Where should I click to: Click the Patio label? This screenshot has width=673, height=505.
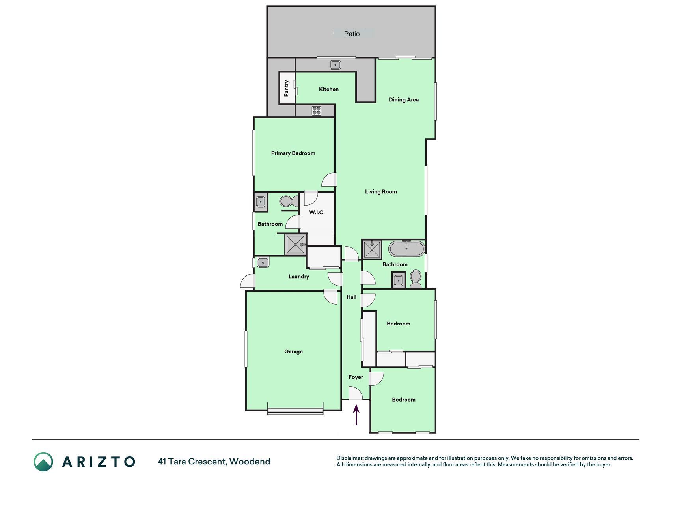352,34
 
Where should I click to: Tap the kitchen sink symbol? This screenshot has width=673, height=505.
336,65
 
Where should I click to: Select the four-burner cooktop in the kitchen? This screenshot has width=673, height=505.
316,111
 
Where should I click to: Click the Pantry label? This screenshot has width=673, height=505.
287,88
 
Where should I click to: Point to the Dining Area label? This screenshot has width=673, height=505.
404,100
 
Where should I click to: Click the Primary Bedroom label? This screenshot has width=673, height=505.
293,153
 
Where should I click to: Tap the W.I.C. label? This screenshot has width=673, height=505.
317,213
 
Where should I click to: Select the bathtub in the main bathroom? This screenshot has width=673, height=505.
406,249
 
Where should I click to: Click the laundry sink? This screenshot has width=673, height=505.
263,262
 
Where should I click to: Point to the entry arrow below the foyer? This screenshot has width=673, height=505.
356,415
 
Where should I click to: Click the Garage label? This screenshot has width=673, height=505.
294,352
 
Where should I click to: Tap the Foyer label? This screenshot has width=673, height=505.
356,377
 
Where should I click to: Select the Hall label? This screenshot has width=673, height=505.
352,297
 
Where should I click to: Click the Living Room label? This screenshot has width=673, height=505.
381,192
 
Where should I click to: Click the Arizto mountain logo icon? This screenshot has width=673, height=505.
43,462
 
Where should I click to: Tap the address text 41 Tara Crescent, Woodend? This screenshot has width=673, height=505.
214,462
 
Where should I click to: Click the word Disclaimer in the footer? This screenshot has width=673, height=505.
349,458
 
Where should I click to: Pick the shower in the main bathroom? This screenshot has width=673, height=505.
372,249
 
